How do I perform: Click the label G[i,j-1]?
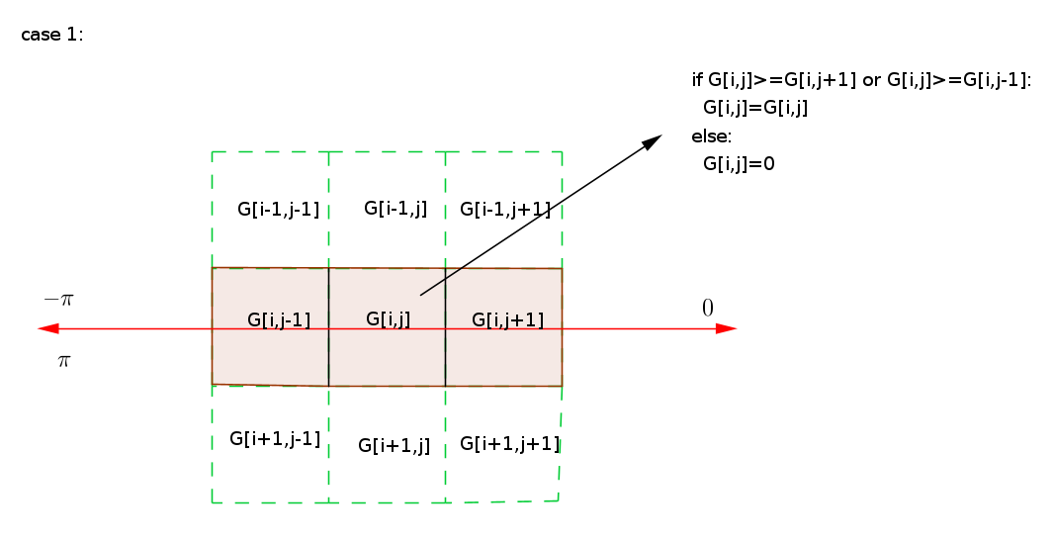tap(279, 320)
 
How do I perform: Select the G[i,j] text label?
tap(388, 319)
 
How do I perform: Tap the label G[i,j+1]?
tap(507, 320)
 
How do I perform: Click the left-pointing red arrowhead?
tap(47, 328)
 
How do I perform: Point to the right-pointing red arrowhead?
tap(727, 328)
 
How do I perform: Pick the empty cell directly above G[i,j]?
tap(387, 210)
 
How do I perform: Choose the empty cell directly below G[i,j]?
tap(387, 444)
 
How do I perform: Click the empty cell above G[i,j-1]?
tap(270, 210)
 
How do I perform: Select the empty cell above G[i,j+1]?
tap(503, 210)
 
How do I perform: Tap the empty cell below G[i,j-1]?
tap(270, 444)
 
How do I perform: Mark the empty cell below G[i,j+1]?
tap(502, 444)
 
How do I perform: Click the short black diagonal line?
tap(441, 281)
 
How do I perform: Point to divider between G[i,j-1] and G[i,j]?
tap(328, 351)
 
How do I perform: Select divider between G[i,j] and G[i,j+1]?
tap(445, 351)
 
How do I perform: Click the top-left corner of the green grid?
tap(212, 152)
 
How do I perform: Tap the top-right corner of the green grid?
tap(562, 152)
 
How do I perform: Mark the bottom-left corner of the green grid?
tap(212, 502)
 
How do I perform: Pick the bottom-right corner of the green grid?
tap(559, 500)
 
